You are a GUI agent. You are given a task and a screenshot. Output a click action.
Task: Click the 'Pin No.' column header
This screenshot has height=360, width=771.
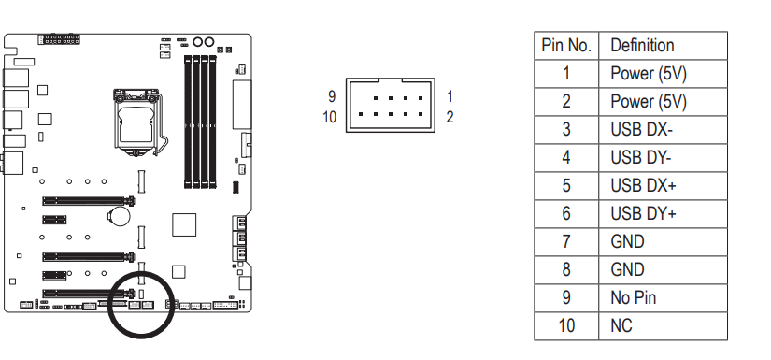coord(566,46)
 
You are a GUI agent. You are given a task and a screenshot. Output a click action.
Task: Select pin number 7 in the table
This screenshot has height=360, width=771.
coord(566,242)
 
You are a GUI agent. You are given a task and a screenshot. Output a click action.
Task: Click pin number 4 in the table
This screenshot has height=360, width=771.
coord(566,158)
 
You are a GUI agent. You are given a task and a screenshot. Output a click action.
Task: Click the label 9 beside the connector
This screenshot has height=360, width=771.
coord(332,96)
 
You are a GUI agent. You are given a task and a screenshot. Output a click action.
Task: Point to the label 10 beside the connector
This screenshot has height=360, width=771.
coord(330,117)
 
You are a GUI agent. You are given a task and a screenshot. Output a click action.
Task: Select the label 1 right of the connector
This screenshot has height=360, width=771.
coord(450,96)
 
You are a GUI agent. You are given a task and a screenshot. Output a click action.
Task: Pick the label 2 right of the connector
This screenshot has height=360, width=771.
coord(450,117)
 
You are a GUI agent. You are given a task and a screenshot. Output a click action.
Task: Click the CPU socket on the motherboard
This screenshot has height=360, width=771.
coord(136,122)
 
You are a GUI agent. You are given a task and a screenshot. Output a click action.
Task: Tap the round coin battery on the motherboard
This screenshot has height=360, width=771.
coord(119,215)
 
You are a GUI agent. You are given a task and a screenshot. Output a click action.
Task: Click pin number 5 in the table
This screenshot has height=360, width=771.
coord(566,186)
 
